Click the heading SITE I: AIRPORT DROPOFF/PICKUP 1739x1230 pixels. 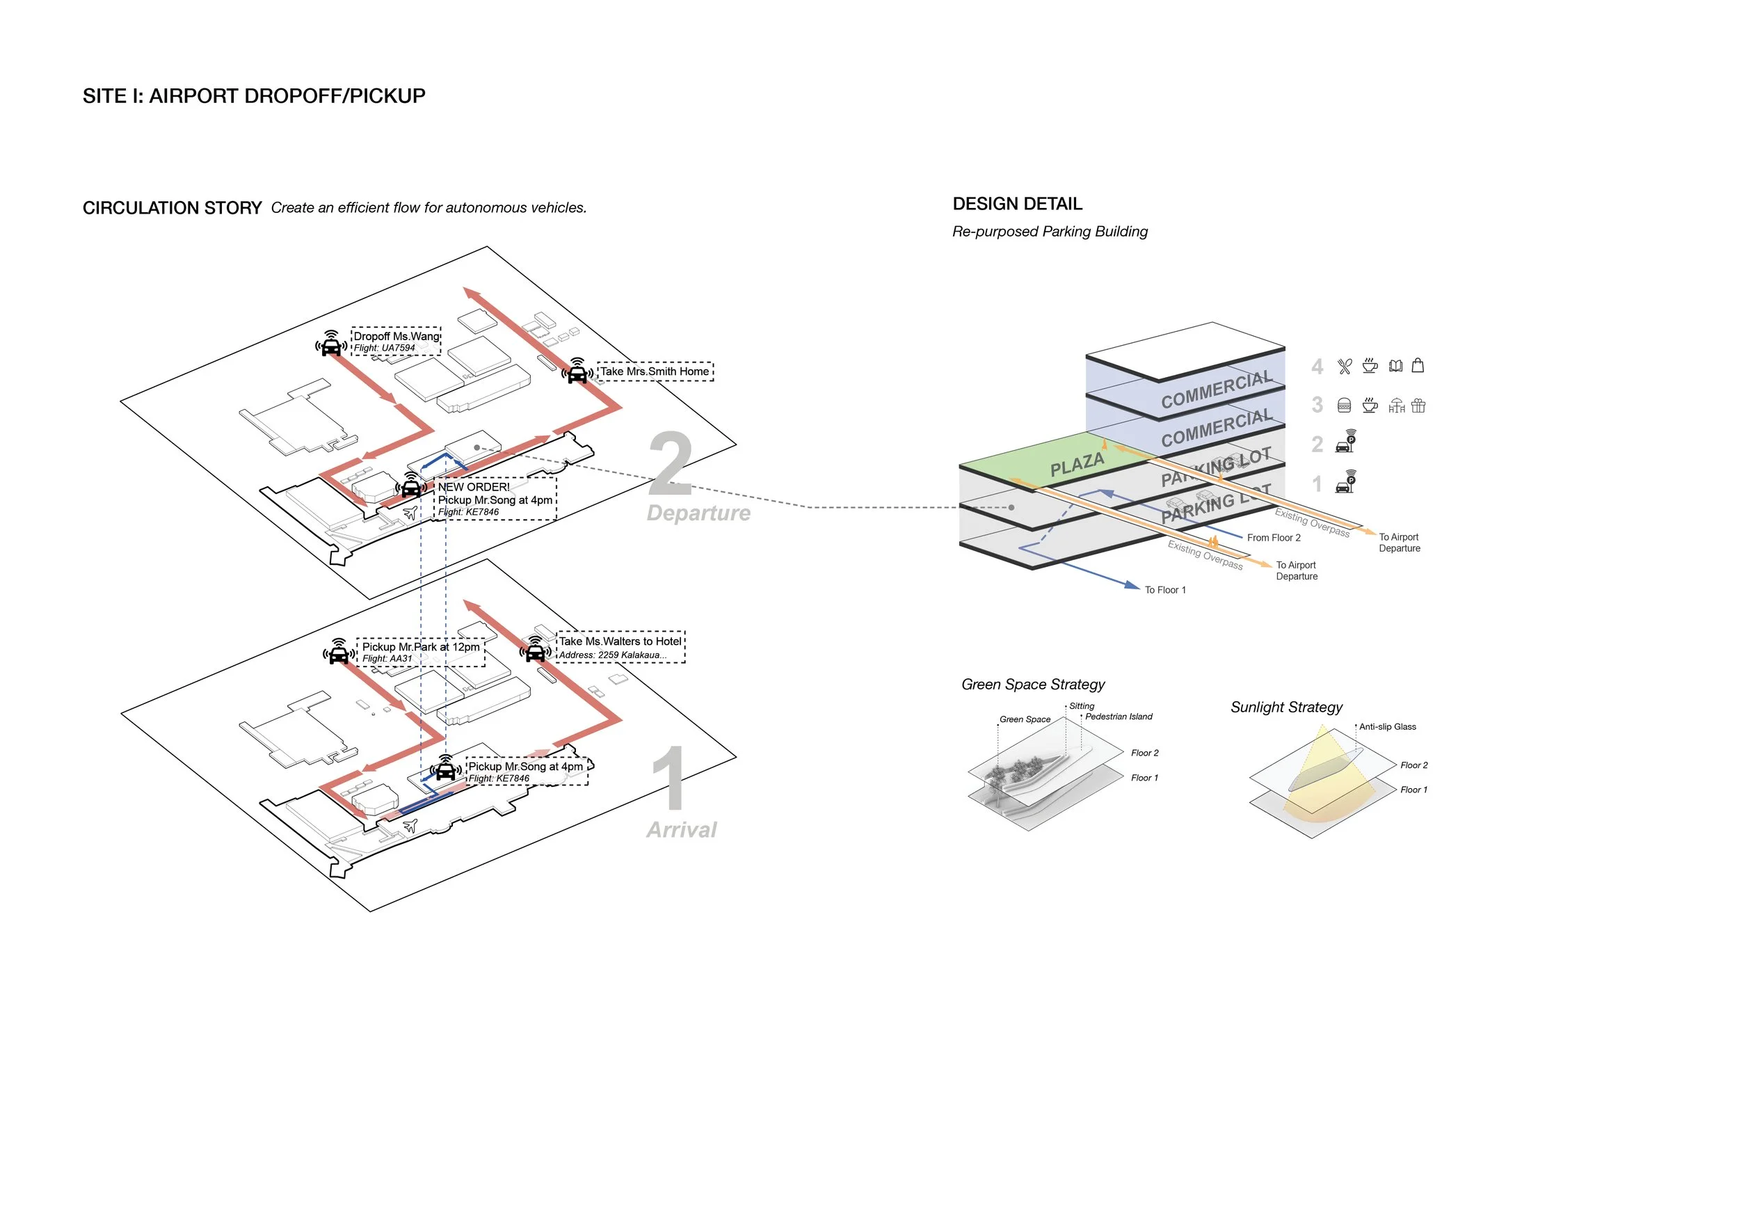(x=254, y=96)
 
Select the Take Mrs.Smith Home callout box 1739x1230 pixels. (x=655, y=371)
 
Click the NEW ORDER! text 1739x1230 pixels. (x=474, y=487)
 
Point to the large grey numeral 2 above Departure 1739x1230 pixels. (x=671, y=463)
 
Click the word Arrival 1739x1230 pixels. (x=681, y=830)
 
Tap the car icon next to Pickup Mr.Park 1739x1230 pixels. (x=339, y=652)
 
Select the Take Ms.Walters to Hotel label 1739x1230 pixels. (x=620, y=641)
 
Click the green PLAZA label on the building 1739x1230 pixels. (x=1076, y=463)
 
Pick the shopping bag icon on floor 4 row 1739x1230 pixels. (x=1418, y=366)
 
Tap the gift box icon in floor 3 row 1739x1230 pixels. (x=1418, y=406)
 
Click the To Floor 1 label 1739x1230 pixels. (x=1165, y=590)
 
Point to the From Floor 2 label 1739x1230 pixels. (x=1273, y=538)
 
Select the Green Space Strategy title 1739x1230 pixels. (x=1032, y=685)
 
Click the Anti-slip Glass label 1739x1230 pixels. (x=1387, y=727)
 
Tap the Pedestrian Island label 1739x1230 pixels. (x=1118, y=717)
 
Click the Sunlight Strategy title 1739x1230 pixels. (x=1286, y=708)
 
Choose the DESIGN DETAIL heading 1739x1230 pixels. (x=1017, y=204)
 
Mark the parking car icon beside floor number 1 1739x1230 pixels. (x=1345, y=482)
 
